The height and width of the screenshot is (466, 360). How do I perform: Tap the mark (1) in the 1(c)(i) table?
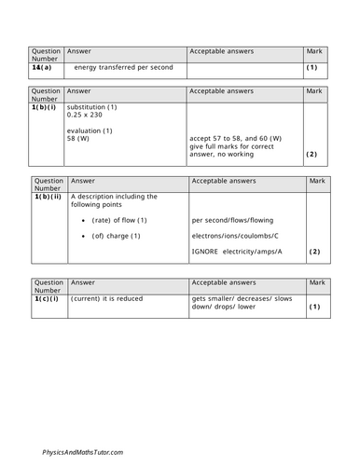pos(314,306)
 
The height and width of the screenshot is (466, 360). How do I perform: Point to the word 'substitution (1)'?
pos(91,107)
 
